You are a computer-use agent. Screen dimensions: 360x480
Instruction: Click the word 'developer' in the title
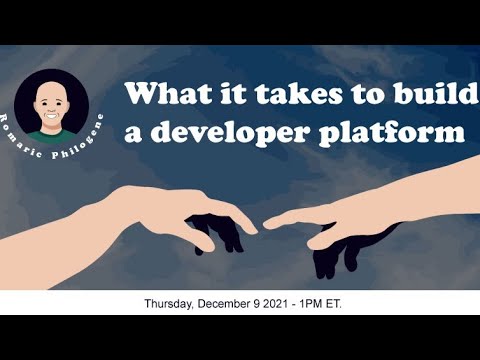233,131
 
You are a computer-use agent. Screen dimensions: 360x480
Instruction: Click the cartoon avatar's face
52,99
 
